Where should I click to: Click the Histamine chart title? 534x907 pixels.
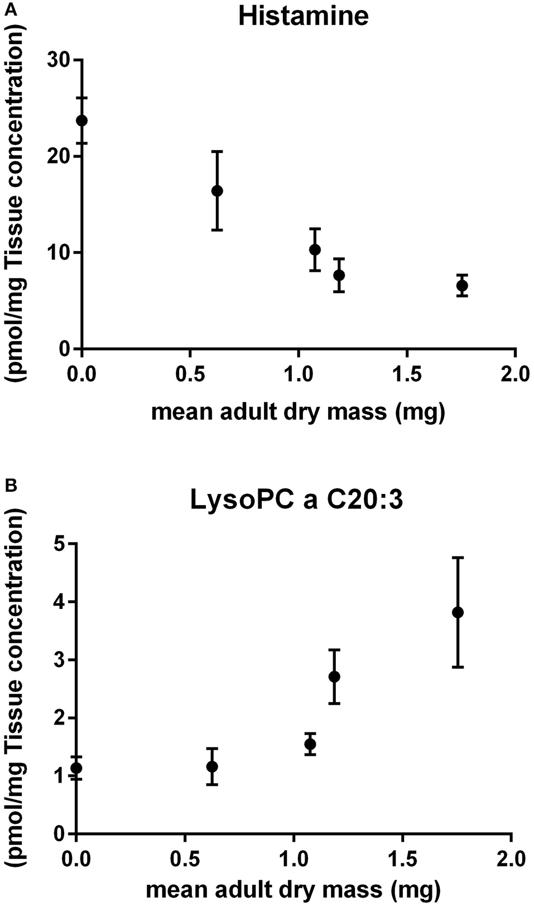tap(303, 16)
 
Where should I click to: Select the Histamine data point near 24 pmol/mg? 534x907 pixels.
tap(82, 121)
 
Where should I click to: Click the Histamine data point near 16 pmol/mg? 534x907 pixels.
tap(217, 191)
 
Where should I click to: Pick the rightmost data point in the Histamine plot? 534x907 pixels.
tap(462, 286)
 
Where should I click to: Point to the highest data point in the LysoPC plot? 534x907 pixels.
tap(458, 612)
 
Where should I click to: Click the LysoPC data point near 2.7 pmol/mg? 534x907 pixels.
tap(334, 676)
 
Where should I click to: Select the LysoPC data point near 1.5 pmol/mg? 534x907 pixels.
tap(310, 744)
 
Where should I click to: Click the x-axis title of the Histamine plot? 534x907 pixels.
tap(298, 412)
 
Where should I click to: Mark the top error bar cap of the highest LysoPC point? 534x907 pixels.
tap(458, 558)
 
